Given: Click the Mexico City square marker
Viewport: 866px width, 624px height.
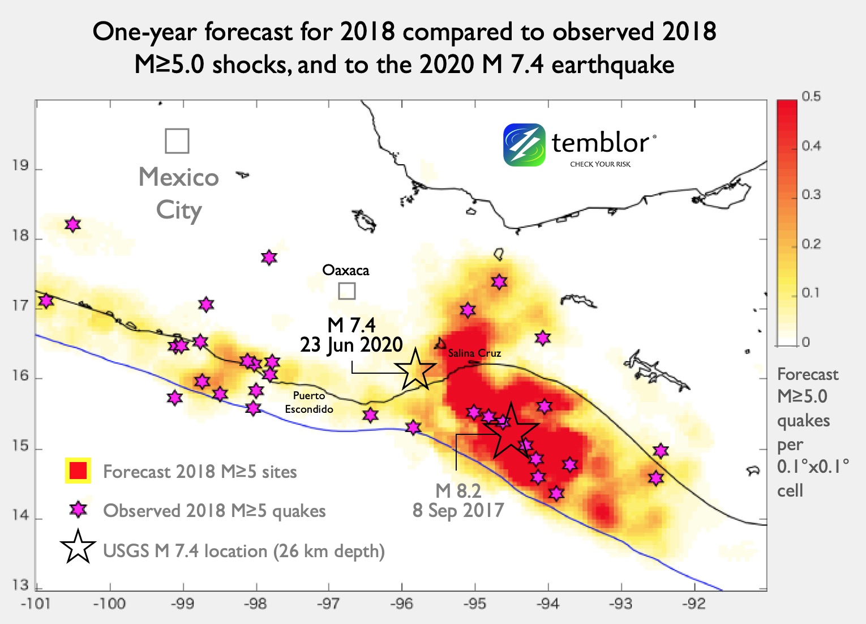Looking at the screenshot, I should point(177,141).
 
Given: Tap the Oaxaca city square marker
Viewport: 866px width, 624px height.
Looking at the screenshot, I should point(346,291).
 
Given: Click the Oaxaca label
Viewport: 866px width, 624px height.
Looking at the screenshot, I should point(345,270).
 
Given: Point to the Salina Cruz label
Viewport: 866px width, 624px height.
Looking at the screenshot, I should point(474,353).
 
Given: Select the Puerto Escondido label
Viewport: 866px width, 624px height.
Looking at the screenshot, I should point(309,403).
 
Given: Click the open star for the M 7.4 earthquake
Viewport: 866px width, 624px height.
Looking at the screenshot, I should point(416,370).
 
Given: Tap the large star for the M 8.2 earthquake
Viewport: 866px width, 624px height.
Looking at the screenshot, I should point(511,431).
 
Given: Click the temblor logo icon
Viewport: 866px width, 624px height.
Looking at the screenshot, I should point(524,145).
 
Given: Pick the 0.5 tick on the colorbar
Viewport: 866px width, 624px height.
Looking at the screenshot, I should point(811,97).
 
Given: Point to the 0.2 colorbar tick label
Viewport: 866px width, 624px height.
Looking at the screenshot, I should point(811,244).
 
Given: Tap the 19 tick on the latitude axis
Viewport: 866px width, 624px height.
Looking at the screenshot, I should point(20,166).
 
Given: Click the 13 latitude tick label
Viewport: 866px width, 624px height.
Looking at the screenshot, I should point(20,585).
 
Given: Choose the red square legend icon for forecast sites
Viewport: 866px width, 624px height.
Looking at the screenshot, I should point(78,471).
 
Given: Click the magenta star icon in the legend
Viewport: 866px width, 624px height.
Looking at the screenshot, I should point(78,510).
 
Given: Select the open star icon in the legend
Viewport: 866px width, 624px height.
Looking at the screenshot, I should point(78,548).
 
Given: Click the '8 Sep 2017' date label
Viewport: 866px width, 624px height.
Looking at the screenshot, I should point(458,510).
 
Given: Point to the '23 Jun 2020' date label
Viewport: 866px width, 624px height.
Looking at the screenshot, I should point(351,344).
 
